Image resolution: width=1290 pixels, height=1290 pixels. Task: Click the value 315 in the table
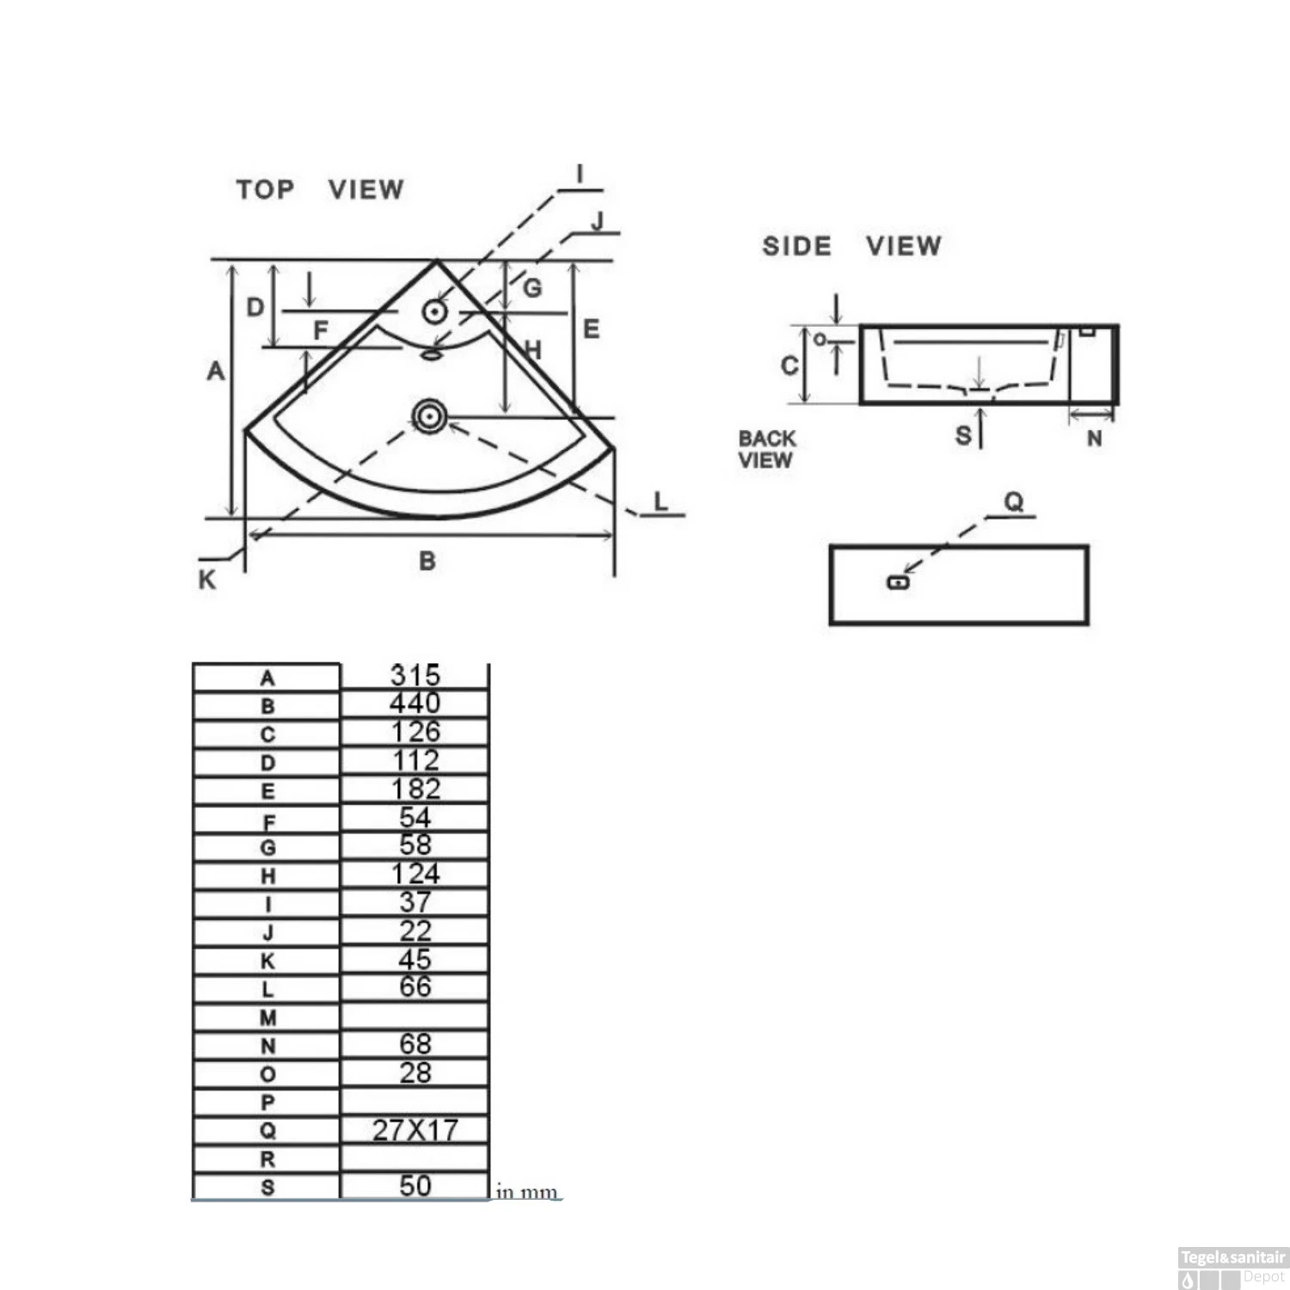point(415,676)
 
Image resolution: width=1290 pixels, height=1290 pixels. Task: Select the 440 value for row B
point(415,703)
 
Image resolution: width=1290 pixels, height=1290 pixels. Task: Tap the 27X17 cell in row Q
point(415,1130)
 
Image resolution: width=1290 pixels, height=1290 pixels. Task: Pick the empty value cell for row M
point(415,1017)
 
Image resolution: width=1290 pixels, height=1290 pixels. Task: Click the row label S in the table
point(267,1188)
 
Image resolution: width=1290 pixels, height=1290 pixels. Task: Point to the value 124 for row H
point(415,874)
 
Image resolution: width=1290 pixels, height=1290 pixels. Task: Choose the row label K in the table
point(267,961)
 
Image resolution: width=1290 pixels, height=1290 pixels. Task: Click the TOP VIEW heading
point(320,189)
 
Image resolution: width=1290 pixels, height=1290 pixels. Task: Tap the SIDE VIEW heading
point(852,246)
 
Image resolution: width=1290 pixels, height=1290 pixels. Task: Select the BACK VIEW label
point(767,449)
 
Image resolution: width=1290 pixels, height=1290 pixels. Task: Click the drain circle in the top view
point(428,417)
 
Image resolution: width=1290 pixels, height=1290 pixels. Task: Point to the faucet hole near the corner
point(435,311)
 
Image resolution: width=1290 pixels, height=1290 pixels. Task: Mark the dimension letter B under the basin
point(427,561)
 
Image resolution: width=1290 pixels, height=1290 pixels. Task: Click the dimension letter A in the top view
point(216,371)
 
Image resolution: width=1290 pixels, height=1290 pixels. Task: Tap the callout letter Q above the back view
point(1015,502)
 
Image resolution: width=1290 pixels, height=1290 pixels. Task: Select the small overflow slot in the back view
point(898,582)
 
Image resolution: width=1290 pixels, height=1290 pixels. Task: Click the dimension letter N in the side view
point(1095,439)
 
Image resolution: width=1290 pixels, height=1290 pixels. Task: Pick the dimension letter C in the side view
point(789,365)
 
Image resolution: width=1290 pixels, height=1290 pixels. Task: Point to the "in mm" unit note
point(527,1192)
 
